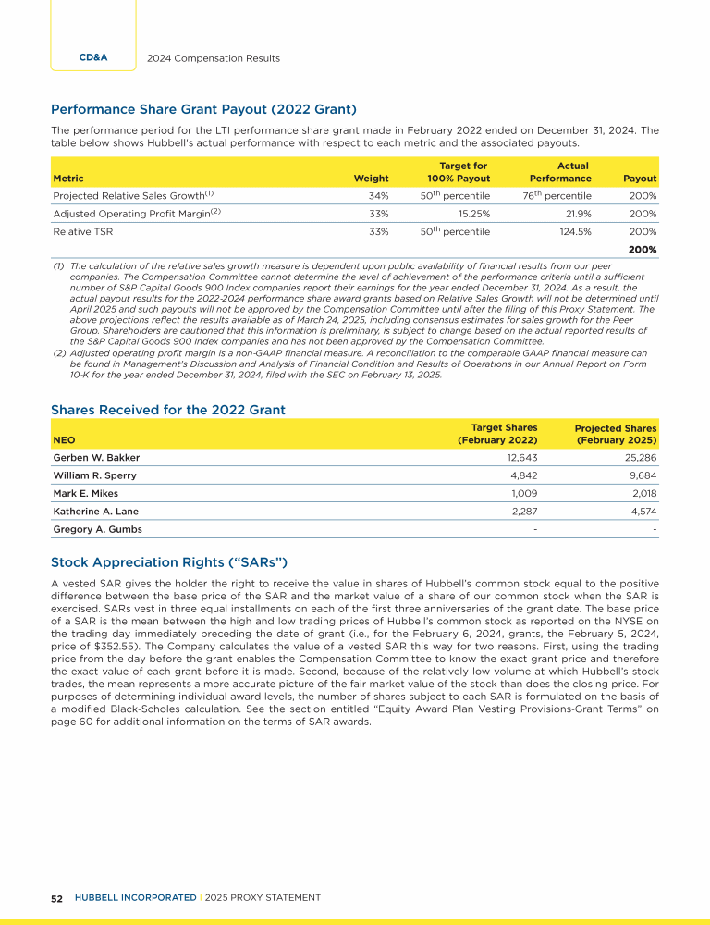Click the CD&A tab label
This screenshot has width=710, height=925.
click(x=94, y=57)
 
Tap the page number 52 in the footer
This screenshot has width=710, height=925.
click(x=56, y=898)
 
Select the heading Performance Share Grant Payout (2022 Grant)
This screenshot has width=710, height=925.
click(x=204, y=110)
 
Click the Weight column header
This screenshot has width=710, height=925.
click(x=371, y=179)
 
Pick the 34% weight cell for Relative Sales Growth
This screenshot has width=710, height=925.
click(x=377, y=196)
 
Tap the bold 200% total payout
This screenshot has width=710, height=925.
click(x=643, y=250)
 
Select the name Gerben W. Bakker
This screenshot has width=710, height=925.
click(x=95, y=457)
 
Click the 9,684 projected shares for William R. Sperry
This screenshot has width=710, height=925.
click(x=641, y=475)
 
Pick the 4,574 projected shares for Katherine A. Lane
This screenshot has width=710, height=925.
click(x=641, y=511)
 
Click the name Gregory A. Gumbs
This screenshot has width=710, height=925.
click(x=98, y=529)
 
